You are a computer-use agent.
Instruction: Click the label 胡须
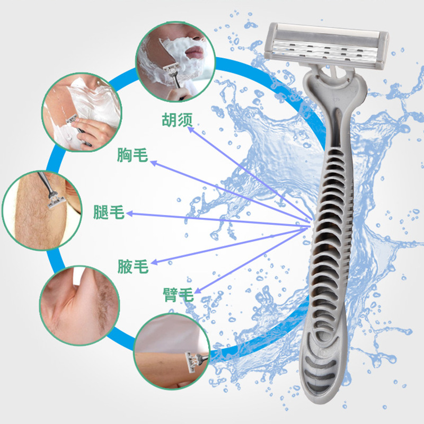(177, 120)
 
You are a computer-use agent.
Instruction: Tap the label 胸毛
(132, 155)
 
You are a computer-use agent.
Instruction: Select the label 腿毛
(109, 212)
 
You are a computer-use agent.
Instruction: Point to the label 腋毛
(133, 266)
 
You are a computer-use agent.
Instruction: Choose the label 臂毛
(178, 295)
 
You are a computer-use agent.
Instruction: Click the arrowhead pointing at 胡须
(191, 129)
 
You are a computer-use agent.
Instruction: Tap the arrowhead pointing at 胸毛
(153, 163)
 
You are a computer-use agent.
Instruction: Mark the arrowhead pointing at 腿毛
(129, 214)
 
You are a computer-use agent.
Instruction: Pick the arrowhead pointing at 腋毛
(154, 262)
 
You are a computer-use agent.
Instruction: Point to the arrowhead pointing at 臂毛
(198, 290)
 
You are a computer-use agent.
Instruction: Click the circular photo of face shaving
(175, 62)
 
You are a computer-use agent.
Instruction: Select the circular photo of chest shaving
(82, 112)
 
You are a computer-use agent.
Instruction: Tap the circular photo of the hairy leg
(42, 210)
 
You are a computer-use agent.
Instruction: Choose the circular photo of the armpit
(80, 306)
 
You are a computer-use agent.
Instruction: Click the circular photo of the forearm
(172, 351)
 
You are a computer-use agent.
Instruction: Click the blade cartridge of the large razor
(326, 45)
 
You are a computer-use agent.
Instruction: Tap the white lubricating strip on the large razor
(326, 30)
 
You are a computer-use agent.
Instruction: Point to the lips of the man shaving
(194, 51)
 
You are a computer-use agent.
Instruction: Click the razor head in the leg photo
(57, 202)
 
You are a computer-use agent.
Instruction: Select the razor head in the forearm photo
(191, 363)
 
